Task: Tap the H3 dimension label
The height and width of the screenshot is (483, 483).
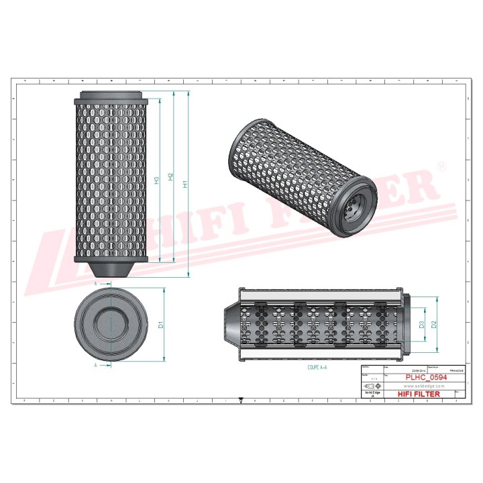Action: point(156,179)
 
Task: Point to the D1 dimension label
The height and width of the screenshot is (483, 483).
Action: point(161,325)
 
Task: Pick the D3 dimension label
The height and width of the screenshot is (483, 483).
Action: point(421,325)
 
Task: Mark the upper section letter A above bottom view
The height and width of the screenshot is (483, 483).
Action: point(96,284)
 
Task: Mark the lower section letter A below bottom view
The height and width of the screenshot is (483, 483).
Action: point(96,366)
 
